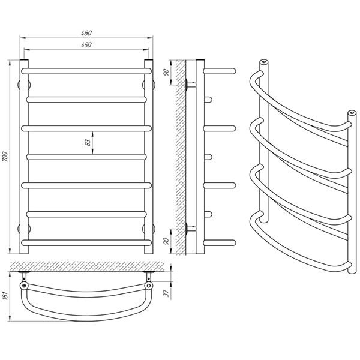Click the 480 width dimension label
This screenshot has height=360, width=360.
point(86,33)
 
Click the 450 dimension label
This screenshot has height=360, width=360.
point(86,45)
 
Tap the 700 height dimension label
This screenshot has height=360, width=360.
point(5,157)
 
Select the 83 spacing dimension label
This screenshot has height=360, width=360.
point(88,143)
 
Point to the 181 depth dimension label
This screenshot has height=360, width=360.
point(5,296)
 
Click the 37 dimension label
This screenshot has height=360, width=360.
point(167,293)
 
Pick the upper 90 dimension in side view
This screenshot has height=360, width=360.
point(167,73)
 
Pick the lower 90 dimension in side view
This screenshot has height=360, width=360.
point(167,241)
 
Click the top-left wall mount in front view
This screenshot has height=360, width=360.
point(24,85)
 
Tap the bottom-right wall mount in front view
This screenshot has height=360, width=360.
point(149,229)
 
